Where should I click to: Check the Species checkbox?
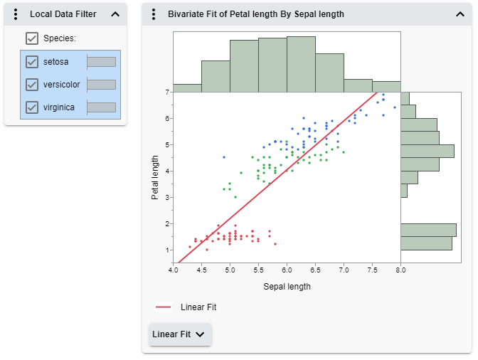pyautogui.click(x=32, y=38)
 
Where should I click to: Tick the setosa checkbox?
pyautogui.click(x=32, y=62)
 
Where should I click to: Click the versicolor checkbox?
pyautogui.click(x=32, y=85)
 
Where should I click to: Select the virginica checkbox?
pyautogui.click(x=32, y=107)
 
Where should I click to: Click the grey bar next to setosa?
pyautogui.click(x=101, y=62)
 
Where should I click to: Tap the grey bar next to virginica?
pyautogui.click(x=101, y=107)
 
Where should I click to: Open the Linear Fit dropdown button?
pyautogui.click(x=180, y=334)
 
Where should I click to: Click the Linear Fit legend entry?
pyautogui.click(x=186, y=307)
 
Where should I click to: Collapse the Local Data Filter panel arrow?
pyautogui.click(x=115, y=14)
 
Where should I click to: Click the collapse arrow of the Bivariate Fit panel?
pyautogui.click(x=459, y=14)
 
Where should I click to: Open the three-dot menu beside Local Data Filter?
pyautogui.click(x=16, y=14)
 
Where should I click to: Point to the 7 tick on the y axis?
pyautogui.click(x=166, y=92)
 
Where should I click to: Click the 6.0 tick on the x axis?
pyautogui.click(x=287, y=271)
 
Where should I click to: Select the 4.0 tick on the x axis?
pyautogui.click(x=173, y=271)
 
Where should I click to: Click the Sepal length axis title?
pyautogui.click(x=287, y=287)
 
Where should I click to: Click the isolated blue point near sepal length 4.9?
pyautogui.click(x=224, y=157)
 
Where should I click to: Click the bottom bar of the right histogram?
pyautogui.click(x=426, y=243)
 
